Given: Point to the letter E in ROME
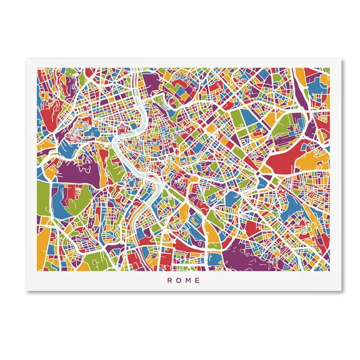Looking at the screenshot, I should click(x=197, y=280).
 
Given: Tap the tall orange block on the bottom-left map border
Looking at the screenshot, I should click(x=44, y=244).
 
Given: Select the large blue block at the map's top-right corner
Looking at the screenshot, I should click(x=312, y=78).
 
